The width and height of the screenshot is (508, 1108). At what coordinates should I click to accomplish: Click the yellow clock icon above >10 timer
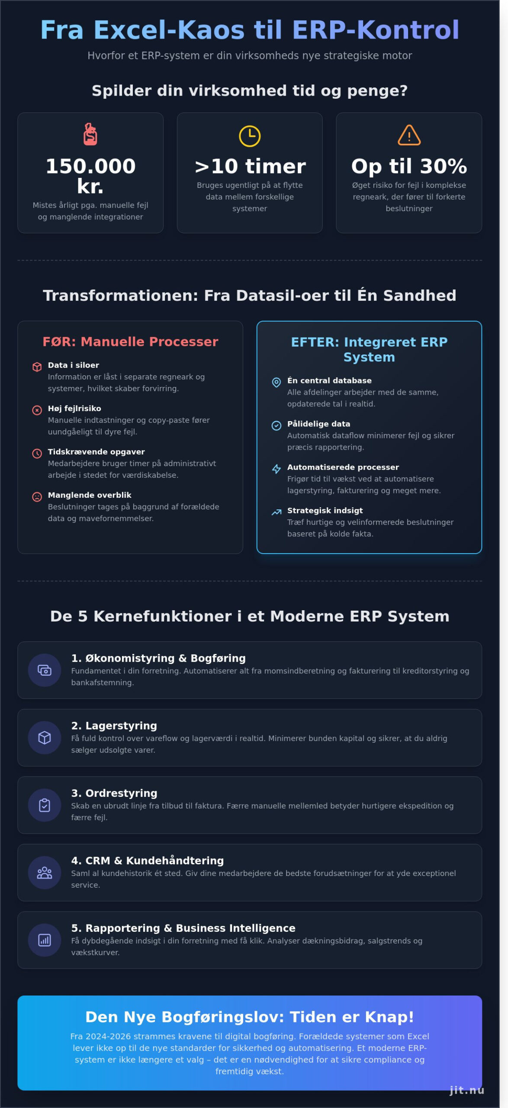250,136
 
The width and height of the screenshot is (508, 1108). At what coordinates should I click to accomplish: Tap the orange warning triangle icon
409,135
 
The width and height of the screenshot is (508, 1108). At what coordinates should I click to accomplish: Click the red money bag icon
90,134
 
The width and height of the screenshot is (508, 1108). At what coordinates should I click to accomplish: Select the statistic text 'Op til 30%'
409,166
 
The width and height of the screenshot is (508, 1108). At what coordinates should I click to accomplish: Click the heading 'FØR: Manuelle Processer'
130,341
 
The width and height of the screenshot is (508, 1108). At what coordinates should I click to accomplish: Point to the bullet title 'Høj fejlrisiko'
74,408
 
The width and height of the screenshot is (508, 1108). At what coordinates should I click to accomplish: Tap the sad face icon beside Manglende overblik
37,496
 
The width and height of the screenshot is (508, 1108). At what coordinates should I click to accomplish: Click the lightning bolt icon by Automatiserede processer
276,469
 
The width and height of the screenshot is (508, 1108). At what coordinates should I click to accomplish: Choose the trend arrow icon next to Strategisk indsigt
276,512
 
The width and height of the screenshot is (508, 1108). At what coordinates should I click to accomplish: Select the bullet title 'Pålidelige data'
318,424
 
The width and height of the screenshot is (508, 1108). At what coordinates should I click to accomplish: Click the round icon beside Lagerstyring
45,738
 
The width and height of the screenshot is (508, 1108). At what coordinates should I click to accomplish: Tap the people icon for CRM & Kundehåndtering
45,873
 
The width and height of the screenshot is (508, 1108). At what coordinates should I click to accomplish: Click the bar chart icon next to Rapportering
45,940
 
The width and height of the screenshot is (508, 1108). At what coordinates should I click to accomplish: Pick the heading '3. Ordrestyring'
114,793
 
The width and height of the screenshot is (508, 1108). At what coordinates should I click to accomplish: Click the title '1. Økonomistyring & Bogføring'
158,658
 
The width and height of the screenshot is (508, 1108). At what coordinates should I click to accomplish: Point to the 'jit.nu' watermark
467,1090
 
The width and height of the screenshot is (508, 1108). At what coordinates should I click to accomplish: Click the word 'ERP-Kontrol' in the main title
375,30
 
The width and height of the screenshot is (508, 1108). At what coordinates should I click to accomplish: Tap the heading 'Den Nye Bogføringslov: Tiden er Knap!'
250,1017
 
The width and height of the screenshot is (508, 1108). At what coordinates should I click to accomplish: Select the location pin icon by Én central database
276,382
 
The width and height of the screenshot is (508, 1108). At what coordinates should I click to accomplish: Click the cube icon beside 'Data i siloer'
37,367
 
